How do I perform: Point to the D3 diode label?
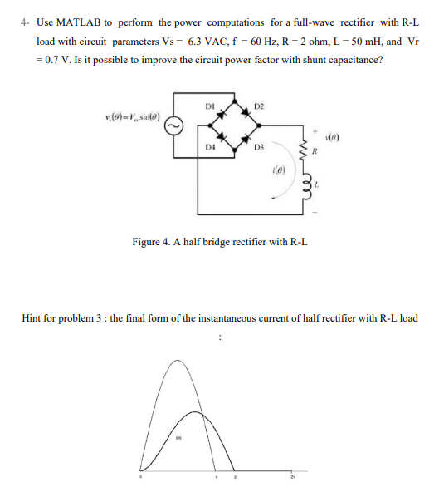[x=259, y=148]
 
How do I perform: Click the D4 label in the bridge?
[x=211, y=147]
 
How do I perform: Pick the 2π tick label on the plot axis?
[x=292, y=478]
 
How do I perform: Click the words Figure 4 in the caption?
[x=154, y=241]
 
